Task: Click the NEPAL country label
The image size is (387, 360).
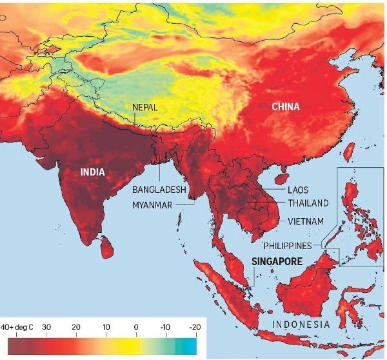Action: point(146,107)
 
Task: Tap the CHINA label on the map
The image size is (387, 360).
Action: point(285,106)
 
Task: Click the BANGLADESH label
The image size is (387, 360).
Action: point(159,190)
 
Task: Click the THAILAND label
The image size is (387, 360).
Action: point(308,203)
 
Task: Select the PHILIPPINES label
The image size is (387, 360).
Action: point(288,246)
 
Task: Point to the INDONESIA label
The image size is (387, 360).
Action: point(301,324)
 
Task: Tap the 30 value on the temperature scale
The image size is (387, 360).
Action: point(46,328)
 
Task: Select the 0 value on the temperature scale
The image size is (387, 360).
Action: point(136,328)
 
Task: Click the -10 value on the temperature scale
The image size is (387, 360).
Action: point(165,328)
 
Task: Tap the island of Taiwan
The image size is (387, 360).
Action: point(348,152)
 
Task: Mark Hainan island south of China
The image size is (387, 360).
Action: point(281,174)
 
